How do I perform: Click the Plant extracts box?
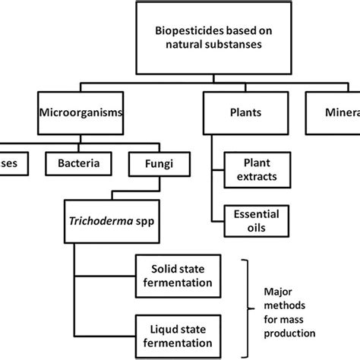(250, 170)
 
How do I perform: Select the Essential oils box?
(250, 221)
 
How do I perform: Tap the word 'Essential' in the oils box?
(250, 214)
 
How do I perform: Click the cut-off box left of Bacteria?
(13, 162)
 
